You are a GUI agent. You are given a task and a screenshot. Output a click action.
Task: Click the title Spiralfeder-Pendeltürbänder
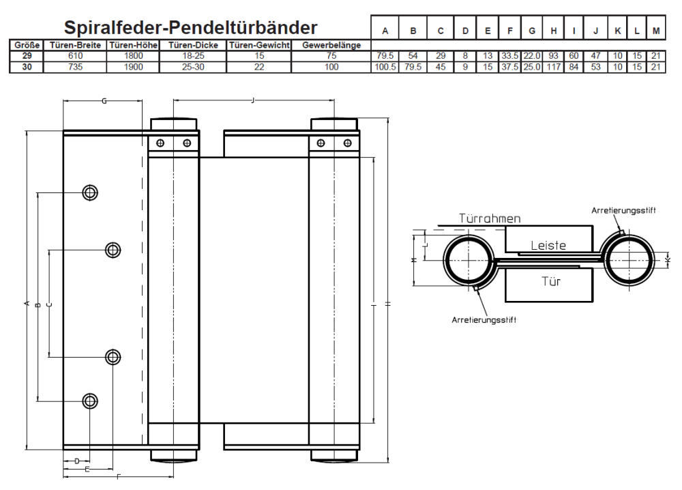pyautogui.click(x=190, y=27)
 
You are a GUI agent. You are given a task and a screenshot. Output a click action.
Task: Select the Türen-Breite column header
pyautogui.click(x=76, y=45)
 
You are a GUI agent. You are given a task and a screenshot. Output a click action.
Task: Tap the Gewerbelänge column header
pyautogui.click(x=331, y=45)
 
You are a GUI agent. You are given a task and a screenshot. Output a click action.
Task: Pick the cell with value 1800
pyautogui.click(x=134, y=55)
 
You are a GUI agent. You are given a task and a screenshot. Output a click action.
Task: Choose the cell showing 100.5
pyautogui.click(x=385, y=67)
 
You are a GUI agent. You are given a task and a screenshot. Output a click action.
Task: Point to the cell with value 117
pyautogui.click(x=553, y=67)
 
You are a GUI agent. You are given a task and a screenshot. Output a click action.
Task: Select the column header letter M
pyautogui.click(x=656, y=30)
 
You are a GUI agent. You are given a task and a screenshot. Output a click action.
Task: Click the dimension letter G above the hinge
pyautogui.click(x=104, y=101)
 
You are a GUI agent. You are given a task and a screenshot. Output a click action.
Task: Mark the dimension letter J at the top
pyautogui.click(x=253, y=101)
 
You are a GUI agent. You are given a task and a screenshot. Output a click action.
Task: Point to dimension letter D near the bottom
pyautogui.click(x=76, y=461)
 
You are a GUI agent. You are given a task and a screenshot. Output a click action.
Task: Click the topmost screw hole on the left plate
pyautogui.click(x=89, y=192)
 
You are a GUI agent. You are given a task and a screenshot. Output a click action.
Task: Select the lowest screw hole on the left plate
pyautogui.click(x=89, y=401)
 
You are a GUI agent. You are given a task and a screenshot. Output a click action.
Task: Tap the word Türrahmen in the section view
pyautogui.click(x=489, y=219)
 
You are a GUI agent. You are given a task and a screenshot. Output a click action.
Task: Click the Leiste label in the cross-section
pyautogui.click(x=548, y=245)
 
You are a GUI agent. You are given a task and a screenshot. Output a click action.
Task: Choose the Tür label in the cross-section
pyautogui.click(x=551, y=280)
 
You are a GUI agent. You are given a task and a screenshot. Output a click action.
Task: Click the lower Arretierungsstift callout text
pyautogui.click(x=483, y=320)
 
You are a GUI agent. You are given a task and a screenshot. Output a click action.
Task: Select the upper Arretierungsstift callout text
pyautogui.click(x=623, y=211)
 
